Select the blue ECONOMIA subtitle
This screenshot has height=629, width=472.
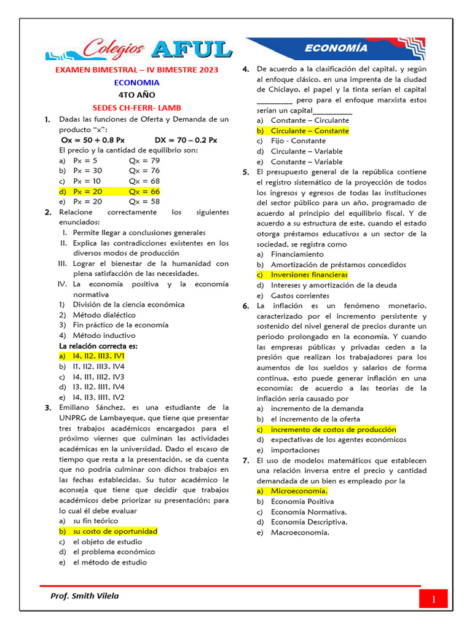137,82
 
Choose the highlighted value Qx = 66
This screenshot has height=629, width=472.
144,191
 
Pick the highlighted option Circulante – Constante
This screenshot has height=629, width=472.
310,130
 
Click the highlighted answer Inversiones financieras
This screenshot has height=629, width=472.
309,275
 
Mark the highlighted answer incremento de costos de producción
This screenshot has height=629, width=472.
333,429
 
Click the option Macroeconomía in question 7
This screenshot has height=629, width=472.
300,533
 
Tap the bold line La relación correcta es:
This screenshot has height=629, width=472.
98,346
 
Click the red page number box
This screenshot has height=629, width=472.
433,598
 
